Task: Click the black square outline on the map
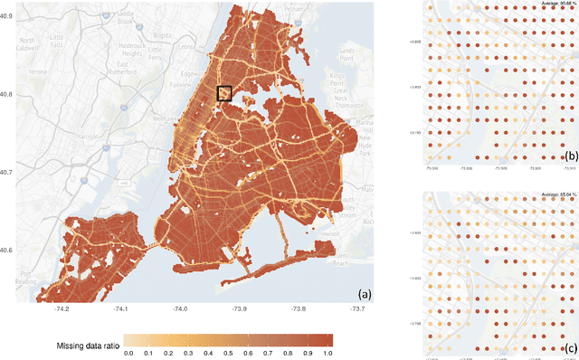pyautogui.click(x=224, y=93)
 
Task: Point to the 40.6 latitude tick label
pyautogui.click(x=7, y=251)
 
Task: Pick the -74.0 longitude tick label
pyautogui.click(x=182, y=309)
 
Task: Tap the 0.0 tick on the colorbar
pyautogui.click(x=128, y=353)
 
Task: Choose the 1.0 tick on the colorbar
pyautogui.click(x=327, y=353)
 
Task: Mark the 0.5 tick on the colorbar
pyautogui.click(x=228, y=353)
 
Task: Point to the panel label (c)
pyautogui.click(x=569, y=347)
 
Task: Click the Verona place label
pyautogui.click(x=38, y=70)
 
